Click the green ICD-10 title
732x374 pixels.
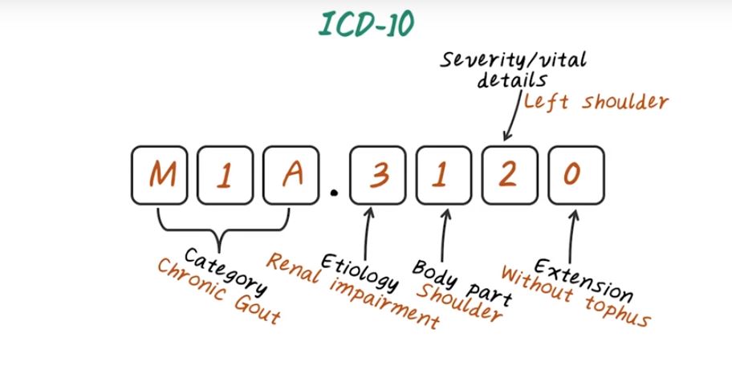[365, 25]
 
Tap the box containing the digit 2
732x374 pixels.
[506, 174]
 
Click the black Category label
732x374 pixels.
[218, 268]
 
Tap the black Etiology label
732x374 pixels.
[360, 273]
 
